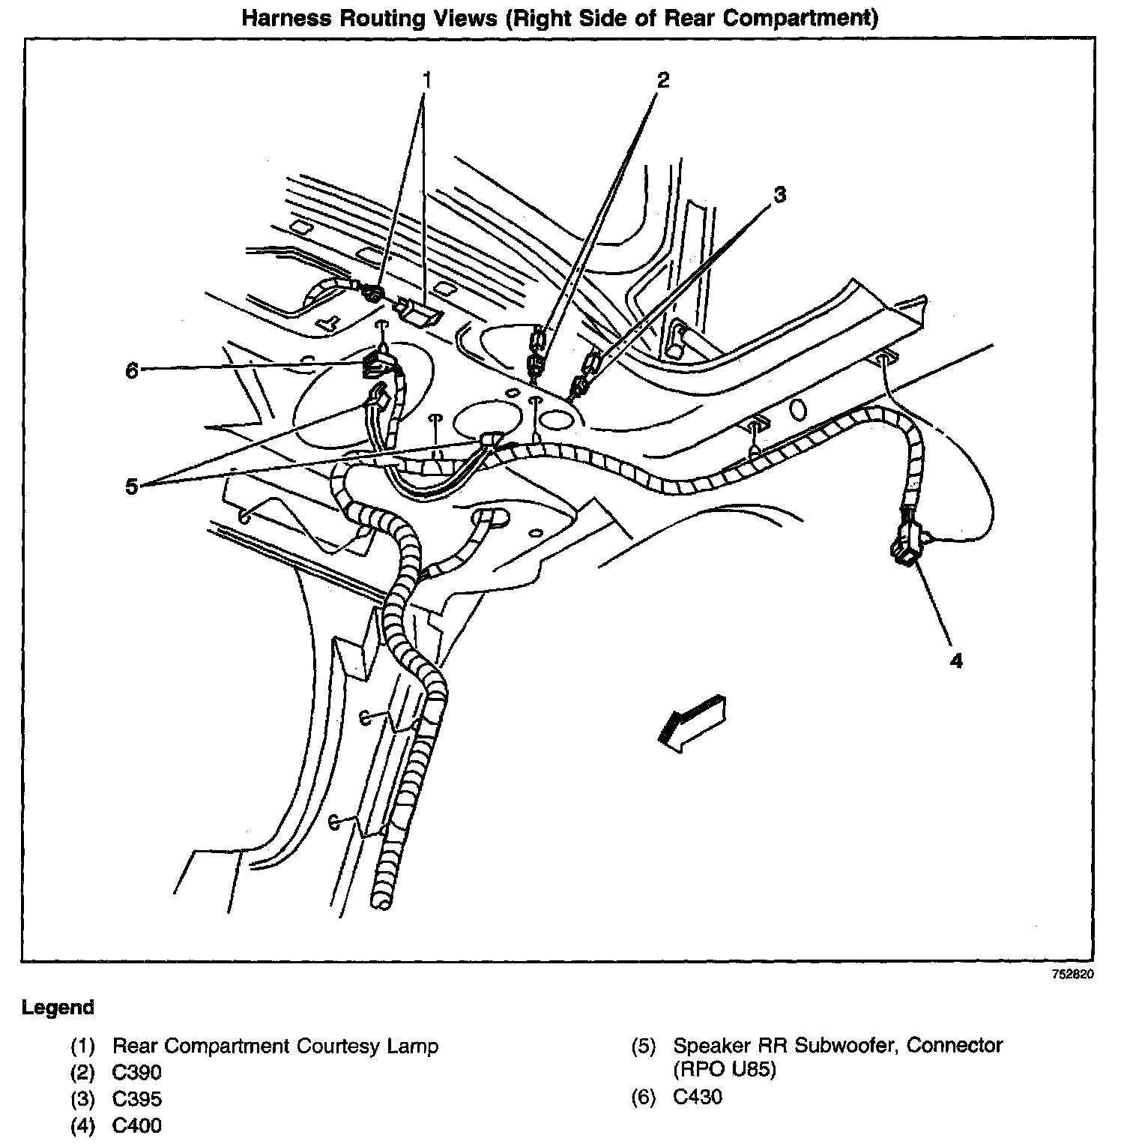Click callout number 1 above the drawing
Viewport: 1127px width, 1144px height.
pyautogui.click(x=426, y=79)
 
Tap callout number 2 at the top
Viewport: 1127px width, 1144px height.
pyautogui.click(x=662, y=79)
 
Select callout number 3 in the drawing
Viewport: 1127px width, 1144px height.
pyautogui.click(x=779, y=195)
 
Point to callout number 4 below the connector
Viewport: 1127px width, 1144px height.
pyautogui.click(x=955, y=660)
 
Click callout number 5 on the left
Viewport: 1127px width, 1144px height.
pyautogui.click(x=132, y=487)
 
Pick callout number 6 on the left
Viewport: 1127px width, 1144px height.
pyautogui.click(x=132, y=370)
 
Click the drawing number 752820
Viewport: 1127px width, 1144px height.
pyautogui.click(x=1072, y=975)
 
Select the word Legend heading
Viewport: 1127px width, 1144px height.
pyautogui.click(x=58, y=1008)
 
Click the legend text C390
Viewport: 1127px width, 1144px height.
pyautogui.click(x=136, y=1072)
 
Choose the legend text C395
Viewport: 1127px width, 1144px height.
pyautogui.click(x=136, y=1099)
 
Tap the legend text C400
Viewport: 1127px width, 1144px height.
pyautogui.click(x=136, y=1126)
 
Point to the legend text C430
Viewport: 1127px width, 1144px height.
pyautogui.click(x=698, y=1098)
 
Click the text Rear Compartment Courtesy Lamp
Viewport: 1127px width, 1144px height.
pyautogui.click(x=275, y=1046)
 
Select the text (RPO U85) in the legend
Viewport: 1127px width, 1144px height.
pyautogui.click(x=725, y=1069)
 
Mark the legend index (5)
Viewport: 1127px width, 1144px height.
pyautogui.click(x=644, y=1045)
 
